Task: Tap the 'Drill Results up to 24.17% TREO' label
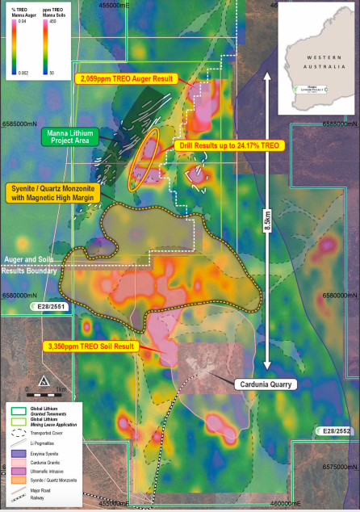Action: coord(228,145)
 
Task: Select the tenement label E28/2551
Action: coord(47,308)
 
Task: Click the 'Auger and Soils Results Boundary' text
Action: coord(31,264)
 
